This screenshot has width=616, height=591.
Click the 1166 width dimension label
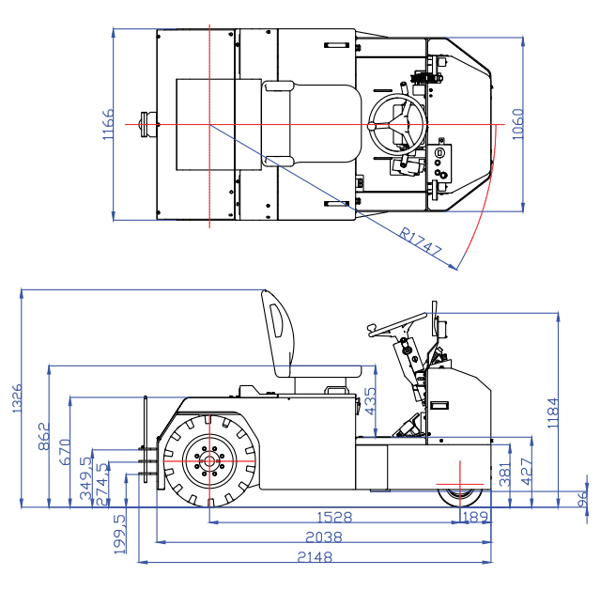pyautogui.click(x=108, y=125)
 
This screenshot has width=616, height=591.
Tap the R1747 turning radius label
pyautogui.click(x=421, y=242)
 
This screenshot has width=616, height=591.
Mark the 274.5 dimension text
pyautogui.click(x=103, y=481)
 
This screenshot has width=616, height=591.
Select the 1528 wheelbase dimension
pyautogui.click(x=334, y=517)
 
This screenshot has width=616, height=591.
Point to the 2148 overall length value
pyautogui.click(x=315, y=557)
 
